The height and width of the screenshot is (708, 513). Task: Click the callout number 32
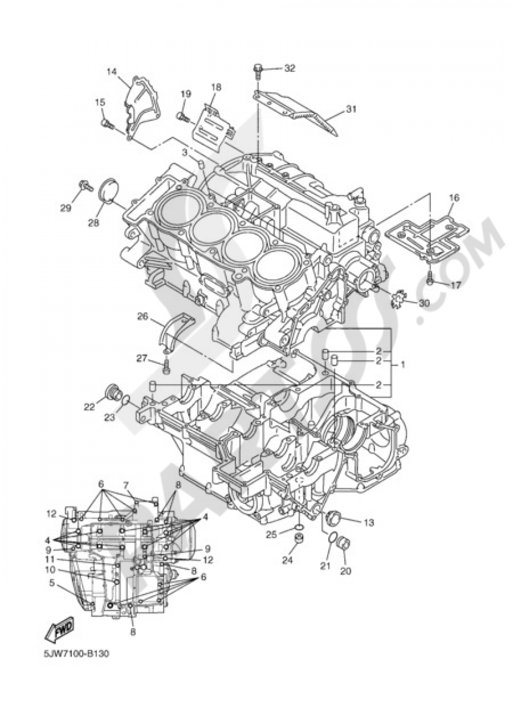290,68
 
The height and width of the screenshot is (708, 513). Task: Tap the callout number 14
111,72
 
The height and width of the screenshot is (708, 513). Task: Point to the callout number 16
454,198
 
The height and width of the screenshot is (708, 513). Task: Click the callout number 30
424,303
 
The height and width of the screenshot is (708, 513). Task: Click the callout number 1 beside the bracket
402,365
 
